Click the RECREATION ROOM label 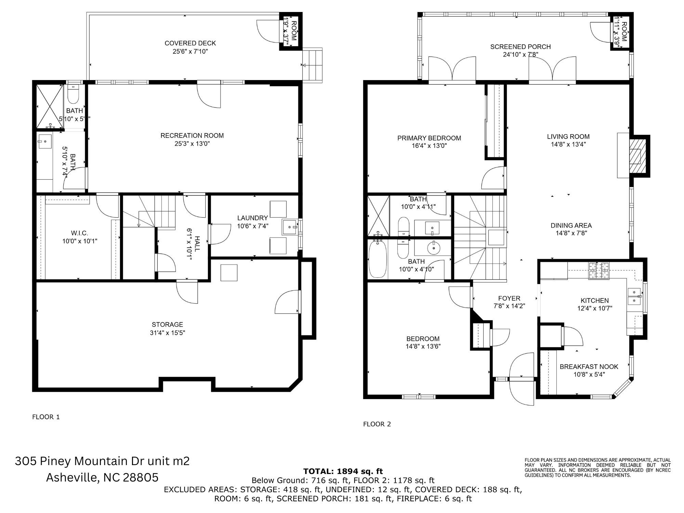click(192, 136)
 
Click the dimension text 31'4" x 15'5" click(167, 333)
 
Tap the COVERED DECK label click(190, 43)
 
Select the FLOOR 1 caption click(46, 417)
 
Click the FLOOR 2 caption click(377, 424)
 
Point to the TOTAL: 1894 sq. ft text click(343, 471)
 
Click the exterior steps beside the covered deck click(313, 64)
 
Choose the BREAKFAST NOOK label click(589, 367)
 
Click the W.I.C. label click(79, 233)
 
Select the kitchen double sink click(634, 296)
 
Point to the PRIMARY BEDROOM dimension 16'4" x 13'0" click(429, 146)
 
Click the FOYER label click(509, 298)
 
